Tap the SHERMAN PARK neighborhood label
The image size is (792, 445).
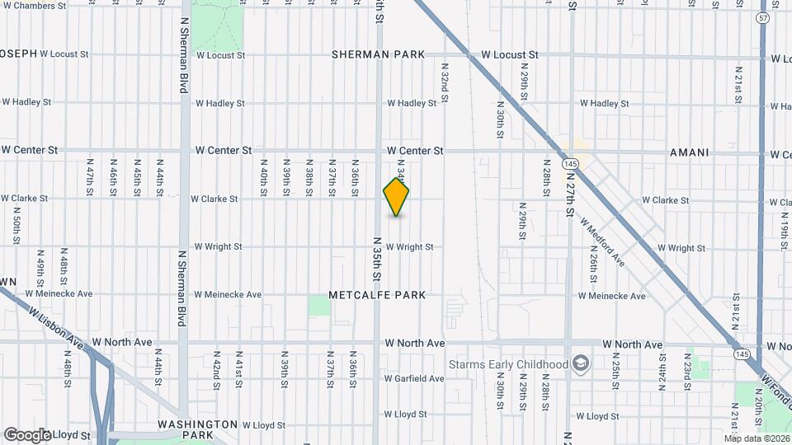(379, 54)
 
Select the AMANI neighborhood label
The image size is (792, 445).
(690, 153)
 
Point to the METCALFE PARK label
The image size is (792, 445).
(377, 295)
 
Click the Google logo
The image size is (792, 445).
(27, 435)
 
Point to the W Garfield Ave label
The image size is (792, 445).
(414, 379)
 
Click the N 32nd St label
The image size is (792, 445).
(445, 82)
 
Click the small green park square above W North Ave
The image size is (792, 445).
(319, 306)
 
